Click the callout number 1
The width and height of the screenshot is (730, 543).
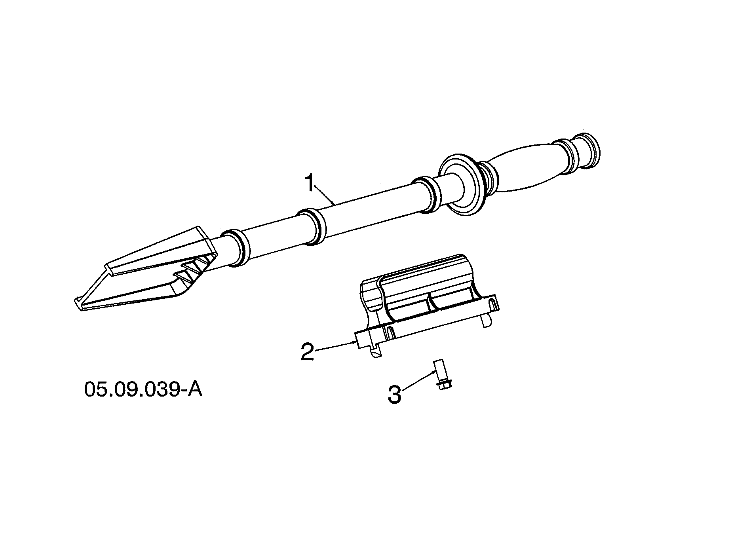309,183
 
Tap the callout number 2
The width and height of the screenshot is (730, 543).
308,351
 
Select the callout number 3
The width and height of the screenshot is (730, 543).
394,394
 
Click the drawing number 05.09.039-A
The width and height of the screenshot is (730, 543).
143,389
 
